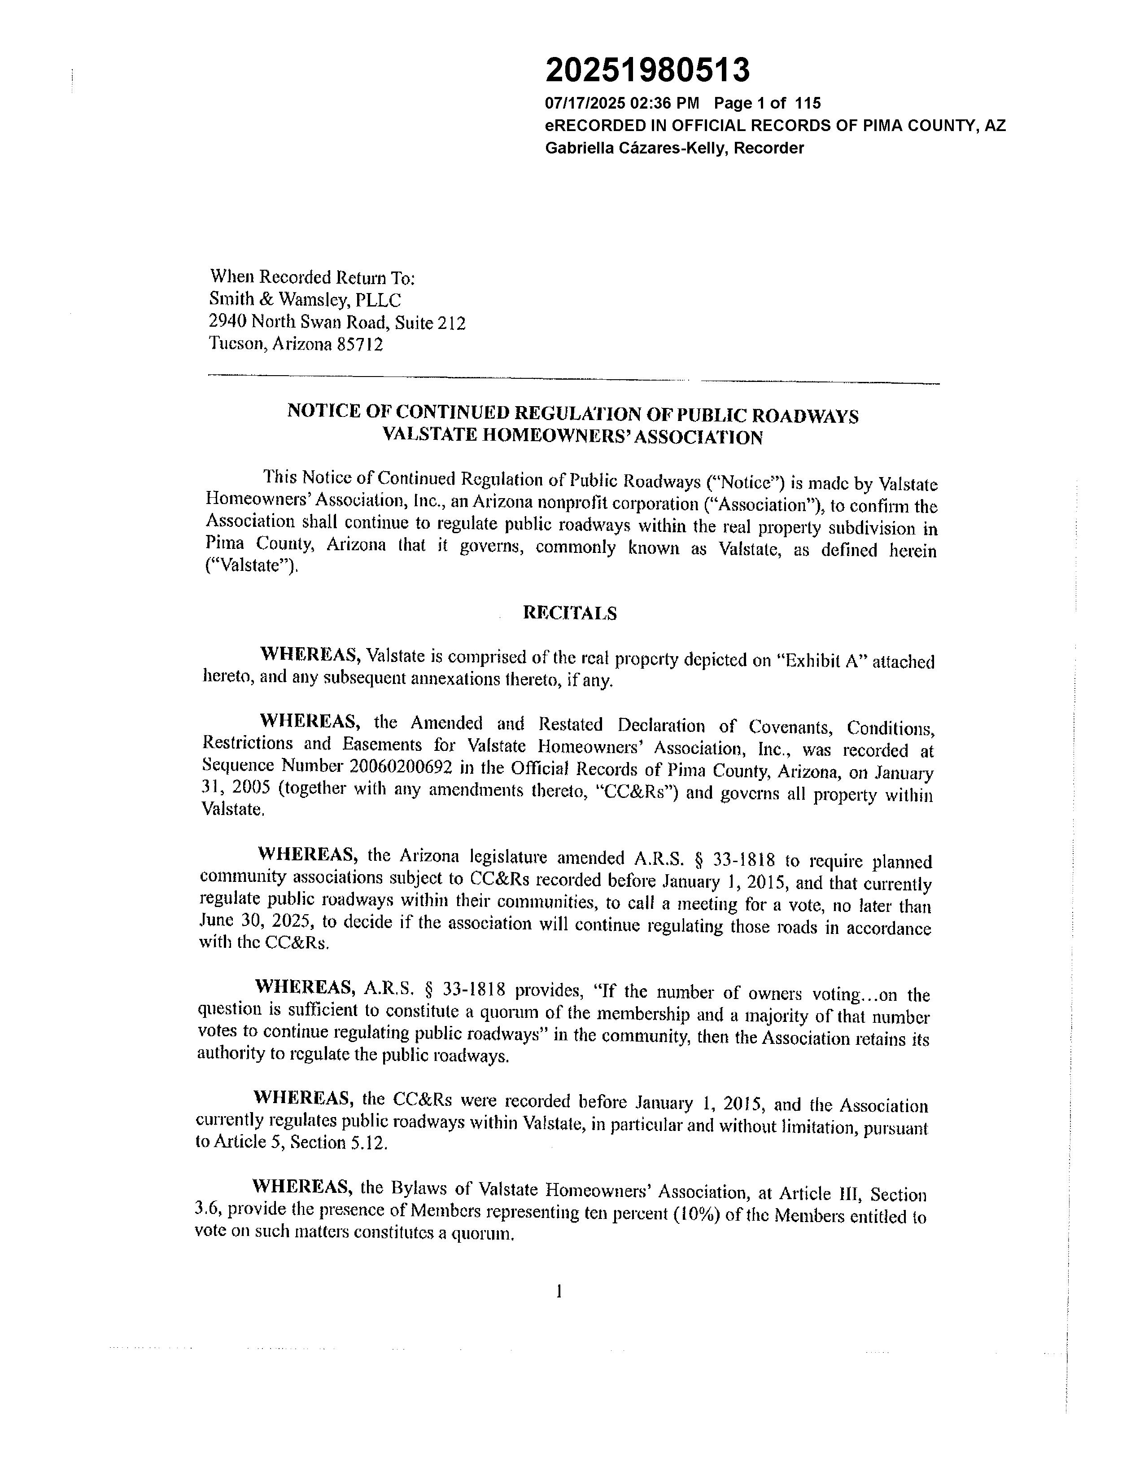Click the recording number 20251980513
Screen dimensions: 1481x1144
647,70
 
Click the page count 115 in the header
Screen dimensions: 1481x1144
807,103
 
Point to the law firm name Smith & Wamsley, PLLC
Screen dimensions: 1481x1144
305,300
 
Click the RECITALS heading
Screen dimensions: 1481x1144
569,613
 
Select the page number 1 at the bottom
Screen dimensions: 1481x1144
559,1291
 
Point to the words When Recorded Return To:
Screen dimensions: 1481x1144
312,277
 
